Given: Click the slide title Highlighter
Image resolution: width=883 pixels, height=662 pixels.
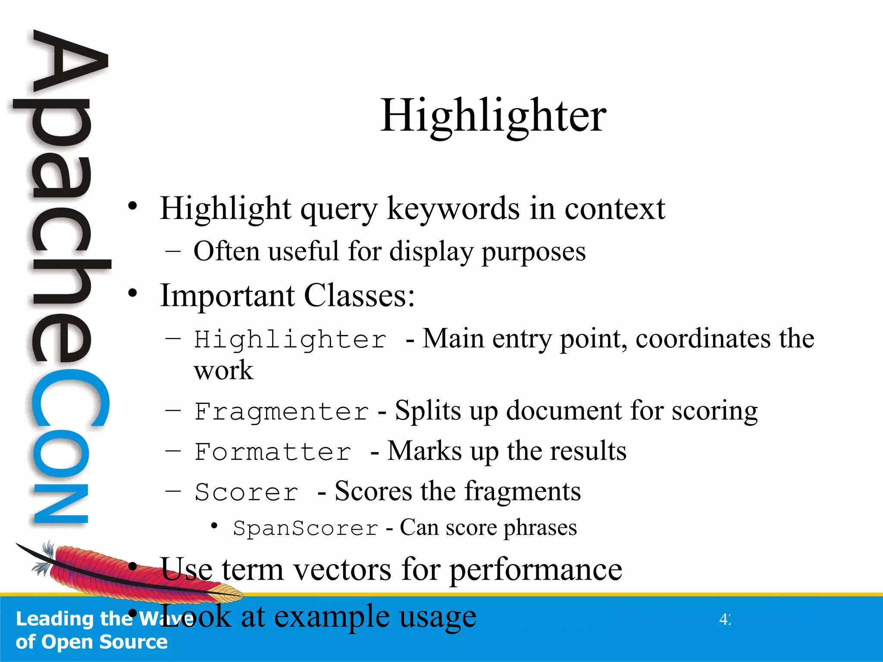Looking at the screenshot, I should click(x=493, y=116).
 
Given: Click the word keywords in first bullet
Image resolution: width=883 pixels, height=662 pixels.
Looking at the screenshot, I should click(x=454, y=209).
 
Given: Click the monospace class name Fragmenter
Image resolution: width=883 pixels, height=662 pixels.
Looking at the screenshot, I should click(x=282, y=411).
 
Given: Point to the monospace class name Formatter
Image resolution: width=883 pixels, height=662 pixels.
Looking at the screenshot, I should click(x=273, y=452).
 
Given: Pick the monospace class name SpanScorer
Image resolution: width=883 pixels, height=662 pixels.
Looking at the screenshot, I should click(x=306, y=528).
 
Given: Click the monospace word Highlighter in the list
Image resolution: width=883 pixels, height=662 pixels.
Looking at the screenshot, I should click(x=290, y=340).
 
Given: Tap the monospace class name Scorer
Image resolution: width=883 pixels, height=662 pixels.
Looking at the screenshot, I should click(x=246, y=492).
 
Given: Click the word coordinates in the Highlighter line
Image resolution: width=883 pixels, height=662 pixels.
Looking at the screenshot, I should click(x=703, y=338).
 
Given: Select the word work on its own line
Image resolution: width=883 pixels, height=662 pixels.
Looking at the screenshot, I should click(x=223, y=370).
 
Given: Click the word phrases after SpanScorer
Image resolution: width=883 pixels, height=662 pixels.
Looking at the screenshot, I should click(x=540, y=528).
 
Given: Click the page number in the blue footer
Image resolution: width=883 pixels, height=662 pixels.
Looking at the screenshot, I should click(x=725, y=619).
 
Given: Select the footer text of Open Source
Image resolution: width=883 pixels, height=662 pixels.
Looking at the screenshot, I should click(x=91, y=642).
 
